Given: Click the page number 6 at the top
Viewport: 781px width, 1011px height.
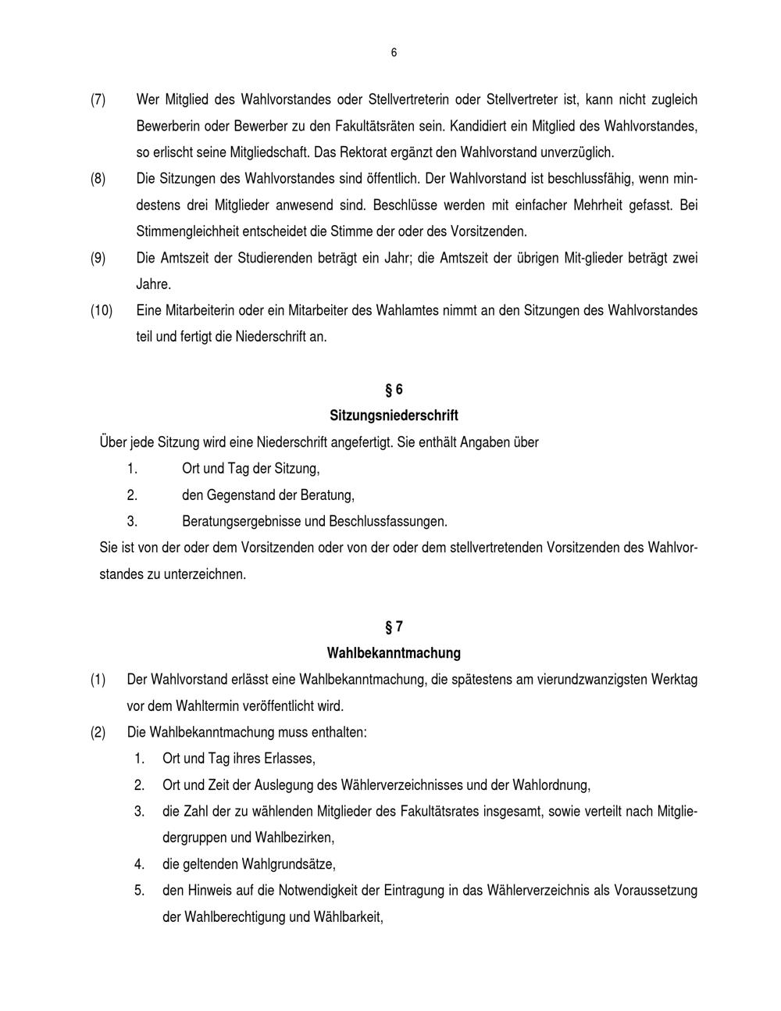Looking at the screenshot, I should [x=394, y=53].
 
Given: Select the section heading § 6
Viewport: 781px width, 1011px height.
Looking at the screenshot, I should [x=394, y=389].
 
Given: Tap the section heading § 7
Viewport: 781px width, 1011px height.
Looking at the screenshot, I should [x=394, y=627].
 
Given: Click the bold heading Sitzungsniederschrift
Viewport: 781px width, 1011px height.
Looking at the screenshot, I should [x=394, y=416].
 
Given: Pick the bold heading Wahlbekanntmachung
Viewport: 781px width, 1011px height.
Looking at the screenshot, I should [x=394, y=653].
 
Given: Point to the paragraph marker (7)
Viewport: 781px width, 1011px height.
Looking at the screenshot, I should [x=98, y=100].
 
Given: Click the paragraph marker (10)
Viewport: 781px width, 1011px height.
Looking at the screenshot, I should [x=102, y=311].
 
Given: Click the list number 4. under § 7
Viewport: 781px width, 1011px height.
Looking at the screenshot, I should [x=139, y=865].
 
